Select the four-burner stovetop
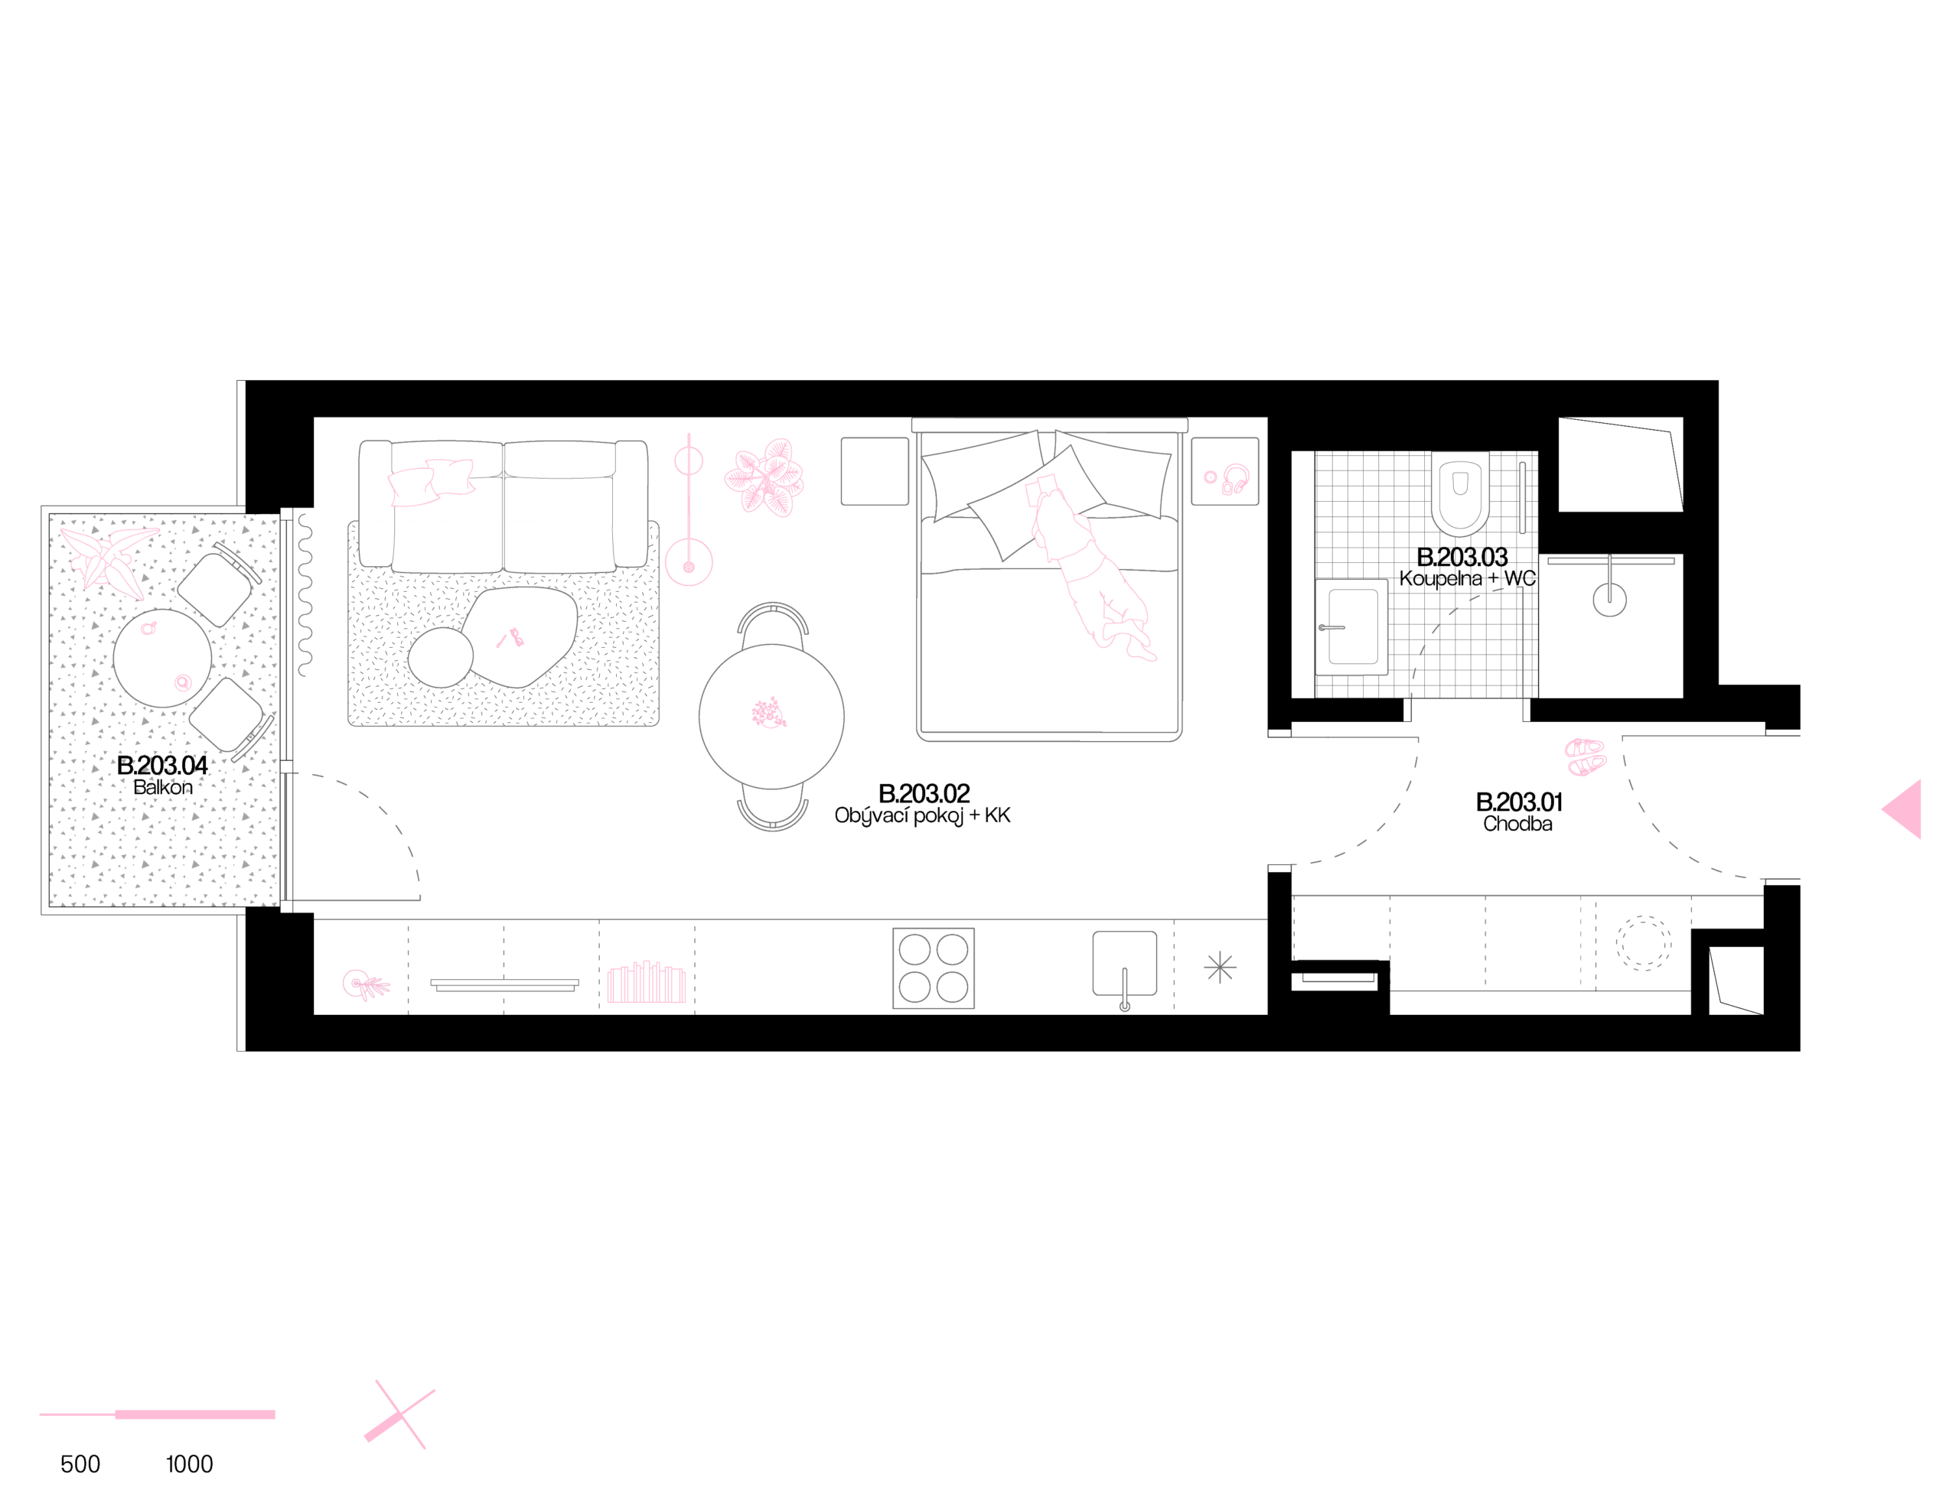pos(934,968)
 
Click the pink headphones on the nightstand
pos(1235,480)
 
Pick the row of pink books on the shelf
pos(647,983)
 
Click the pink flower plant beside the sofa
pos(764,478)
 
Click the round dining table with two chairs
pos(771,716)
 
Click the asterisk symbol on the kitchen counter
pos(1220,968)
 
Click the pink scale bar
pos(158,1414)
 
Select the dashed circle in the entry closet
pos(1642,943)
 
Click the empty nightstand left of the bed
pos(875,471)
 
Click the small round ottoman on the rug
pos(440,658)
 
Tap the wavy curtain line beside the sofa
pos(305,595)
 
